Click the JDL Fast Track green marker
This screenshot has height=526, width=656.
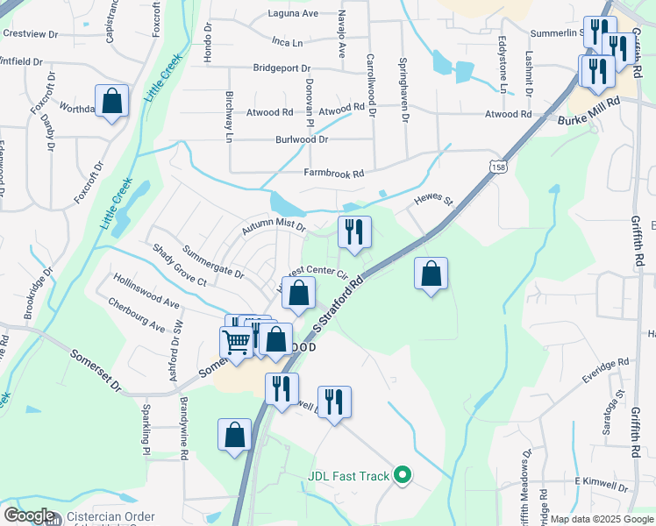coord(403,476)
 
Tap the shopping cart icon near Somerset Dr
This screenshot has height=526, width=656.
coord(236,343)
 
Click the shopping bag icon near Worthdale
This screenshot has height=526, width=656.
coord(112,101)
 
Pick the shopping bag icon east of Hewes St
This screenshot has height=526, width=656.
coord(431,274)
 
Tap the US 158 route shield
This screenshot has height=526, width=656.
coord(498,166)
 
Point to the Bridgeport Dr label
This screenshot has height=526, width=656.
coord(282,68)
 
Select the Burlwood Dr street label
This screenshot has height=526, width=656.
coord(302,139)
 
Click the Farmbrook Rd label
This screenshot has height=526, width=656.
coord(333,174)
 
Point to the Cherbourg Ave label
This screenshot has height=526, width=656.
coord(137,314)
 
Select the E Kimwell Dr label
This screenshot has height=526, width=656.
coord(602,485)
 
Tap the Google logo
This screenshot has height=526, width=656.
coord(29,515)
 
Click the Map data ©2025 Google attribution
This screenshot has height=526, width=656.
coord(601,519)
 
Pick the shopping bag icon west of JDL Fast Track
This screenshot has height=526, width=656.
coord(235,435)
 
